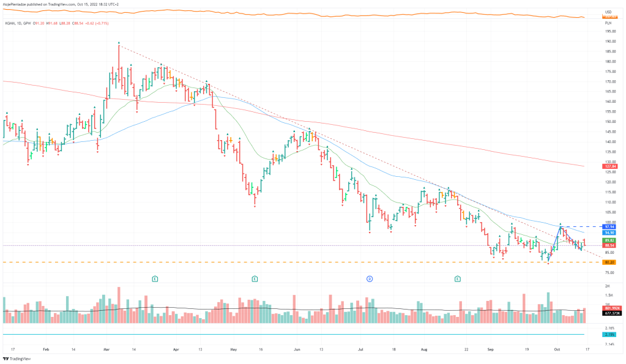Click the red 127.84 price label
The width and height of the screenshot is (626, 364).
coord(609,166)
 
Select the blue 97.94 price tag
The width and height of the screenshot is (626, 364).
coord(609,226)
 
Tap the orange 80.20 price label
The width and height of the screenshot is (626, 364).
coord(609,262)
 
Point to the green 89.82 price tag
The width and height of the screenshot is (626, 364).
coord(609,241)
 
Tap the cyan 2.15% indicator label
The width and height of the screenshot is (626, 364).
coord(609,335)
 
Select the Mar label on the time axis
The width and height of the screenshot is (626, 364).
coord(106,349)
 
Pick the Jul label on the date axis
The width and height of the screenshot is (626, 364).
coord(360,349)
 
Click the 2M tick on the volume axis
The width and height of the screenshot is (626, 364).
coord(608,286)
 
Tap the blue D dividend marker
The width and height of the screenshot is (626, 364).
coord(370,278)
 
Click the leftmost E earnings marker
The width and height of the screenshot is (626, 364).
coord(155,278)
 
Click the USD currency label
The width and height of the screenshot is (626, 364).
coord(608,12)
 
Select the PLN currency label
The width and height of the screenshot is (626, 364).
coord(608,22)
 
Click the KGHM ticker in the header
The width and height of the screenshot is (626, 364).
coord(10,23)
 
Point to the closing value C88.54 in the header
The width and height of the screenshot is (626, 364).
coord(77,23)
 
